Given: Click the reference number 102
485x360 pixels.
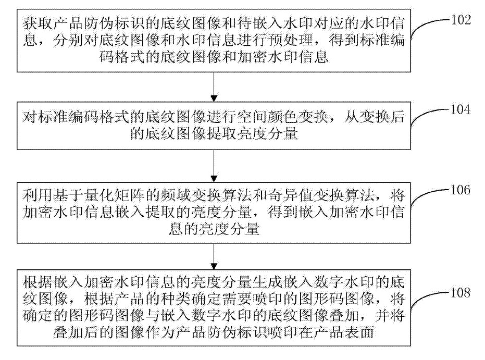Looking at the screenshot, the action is coord(461,20).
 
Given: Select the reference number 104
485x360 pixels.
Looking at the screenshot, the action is coord(461,109).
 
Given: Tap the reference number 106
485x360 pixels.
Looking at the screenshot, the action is coord(461,190).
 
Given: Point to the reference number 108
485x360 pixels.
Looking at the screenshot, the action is coord(461,293).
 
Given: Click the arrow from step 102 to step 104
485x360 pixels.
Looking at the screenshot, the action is coord(214,87).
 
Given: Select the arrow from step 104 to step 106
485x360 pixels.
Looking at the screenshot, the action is coord(214,166).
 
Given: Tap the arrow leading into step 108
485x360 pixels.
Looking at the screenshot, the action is coord(214,256).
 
